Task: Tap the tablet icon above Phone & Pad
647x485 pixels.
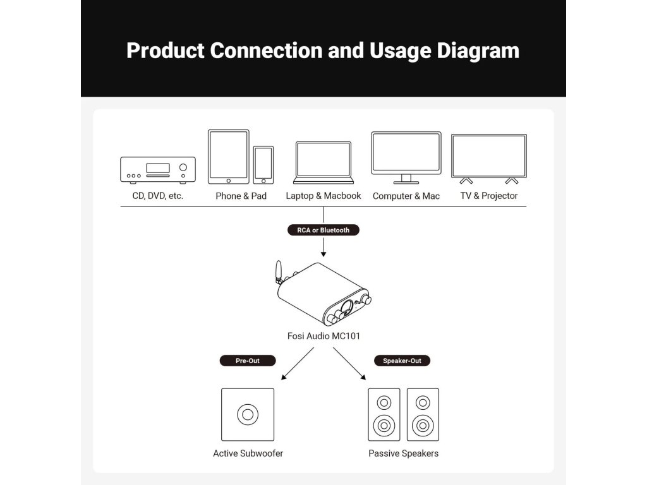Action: point(228,157)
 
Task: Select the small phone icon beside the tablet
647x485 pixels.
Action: point(263,165)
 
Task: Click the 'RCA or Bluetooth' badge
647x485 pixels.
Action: point(323,230)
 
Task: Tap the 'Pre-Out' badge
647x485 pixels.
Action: point(247,361)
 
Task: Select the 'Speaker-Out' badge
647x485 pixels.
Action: point(402,361)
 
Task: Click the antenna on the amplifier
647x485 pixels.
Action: point(277,274)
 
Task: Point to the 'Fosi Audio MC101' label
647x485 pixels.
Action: point(323,336)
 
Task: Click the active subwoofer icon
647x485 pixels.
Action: point(248,414)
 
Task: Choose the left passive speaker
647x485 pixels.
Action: point(384,414)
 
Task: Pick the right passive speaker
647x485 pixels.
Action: point(423,414)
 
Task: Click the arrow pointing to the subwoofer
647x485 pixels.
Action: point(297,364)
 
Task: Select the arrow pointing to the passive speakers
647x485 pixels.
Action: point(349,364)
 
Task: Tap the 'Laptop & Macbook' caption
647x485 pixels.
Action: point(323,196)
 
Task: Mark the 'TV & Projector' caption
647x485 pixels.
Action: point(488,196)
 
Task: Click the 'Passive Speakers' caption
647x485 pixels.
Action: point(403,453)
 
